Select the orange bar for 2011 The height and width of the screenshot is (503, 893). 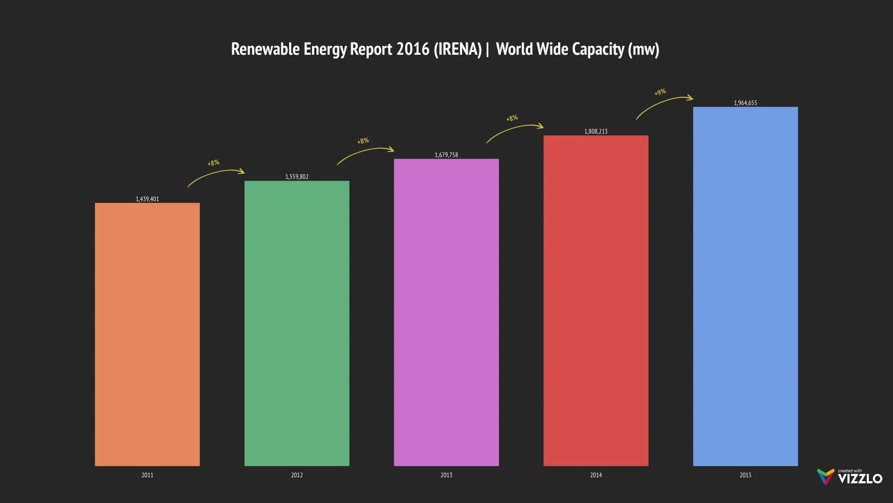tap(147, 334)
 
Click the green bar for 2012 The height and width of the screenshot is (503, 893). tap(297, 323)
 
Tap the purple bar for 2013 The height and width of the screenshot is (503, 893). tap(446, 312)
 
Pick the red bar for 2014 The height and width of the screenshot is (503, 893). tap(596, 301)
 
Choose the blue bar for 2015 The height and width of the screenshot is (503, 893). tap(745, 286)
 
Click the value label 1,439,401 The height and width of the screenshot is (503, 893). tap(147, 199)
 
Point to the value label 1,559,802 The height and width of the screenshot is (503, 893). tap(297, 177)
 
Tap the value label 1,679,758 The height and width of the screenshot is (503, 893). tap(446, 155)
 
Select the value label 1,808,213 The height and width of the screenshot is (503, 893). tap(596, 132)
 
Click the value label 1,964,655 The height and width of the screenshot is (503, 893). tap(745, 103)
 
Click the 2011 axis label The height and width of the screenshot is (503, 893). tap(147, 475)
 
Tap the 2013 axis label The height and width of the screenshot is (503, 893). tap(446, 475)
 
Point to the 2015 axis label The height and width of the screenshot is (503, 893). tap(745, 475)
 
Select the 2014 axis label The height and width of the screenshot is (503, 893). tap(596, 475)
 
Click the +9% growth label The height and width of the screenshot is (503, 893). tap(660, 92)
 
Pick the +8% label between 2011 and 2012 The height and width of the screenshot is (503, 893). tap(214, 163)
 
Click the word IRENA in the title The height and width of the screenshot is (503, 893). tap(458, 49)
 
